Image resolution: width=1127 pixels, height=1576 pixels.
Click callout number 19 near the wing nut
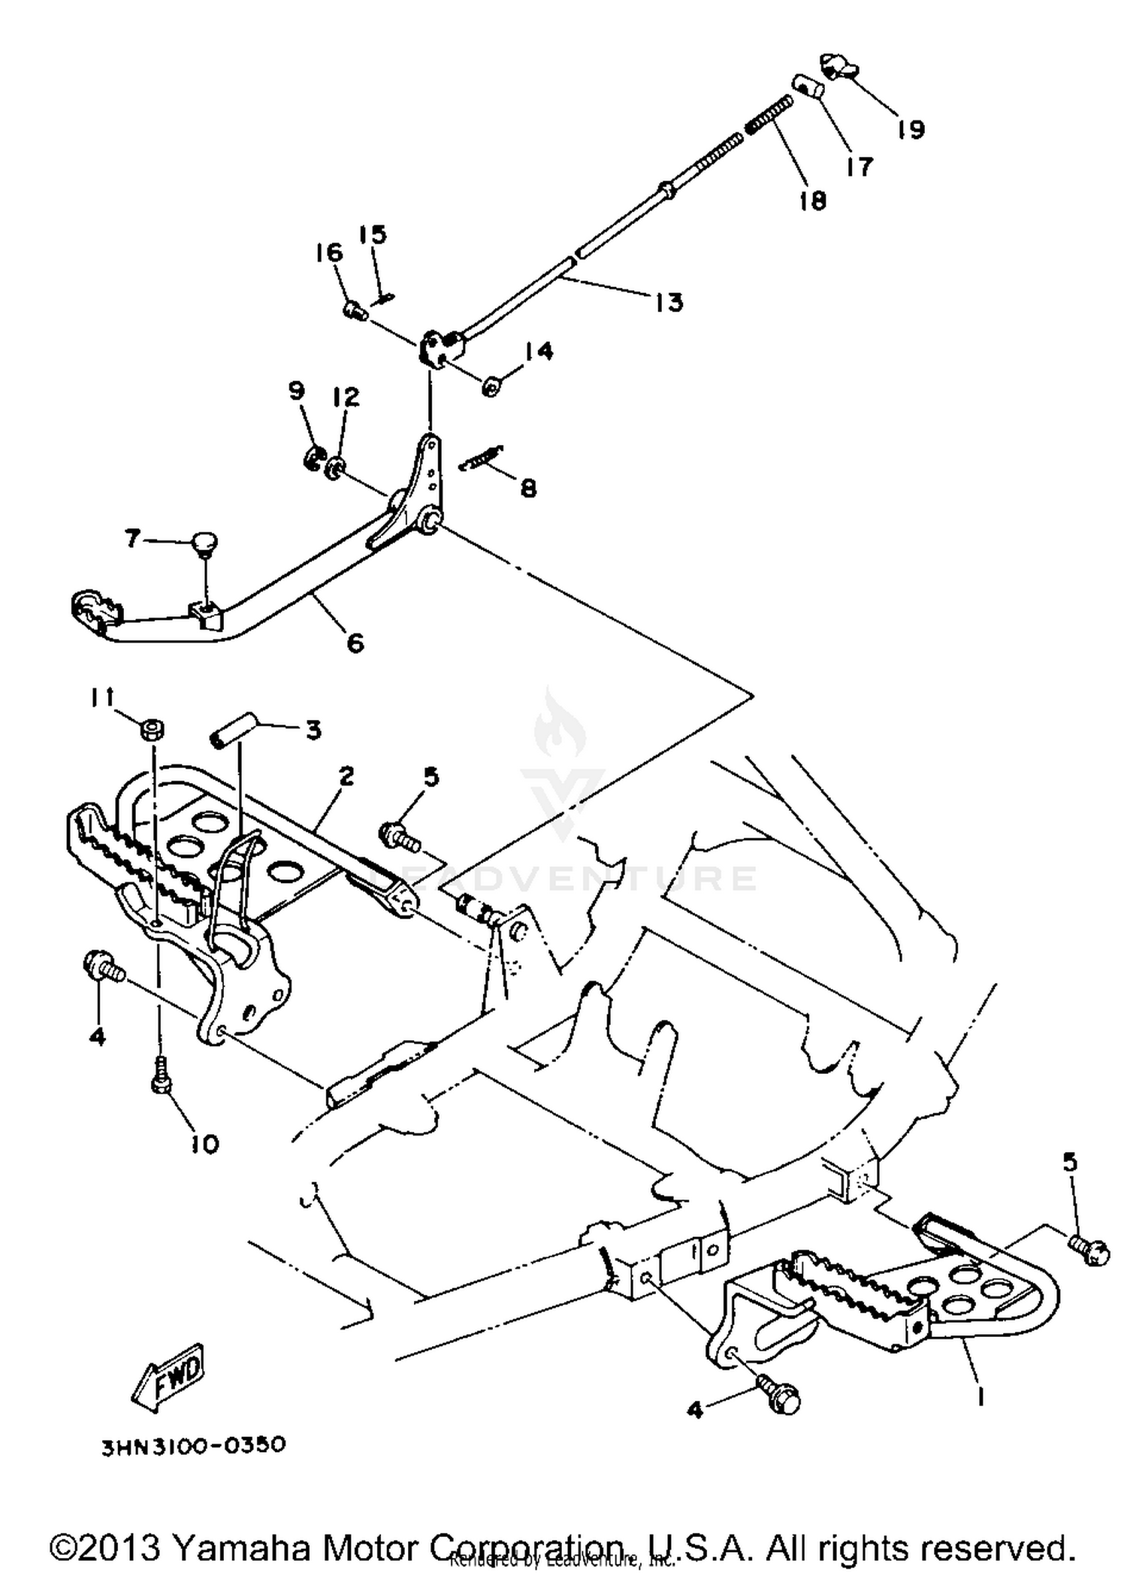pyautogui.click(x=911, y=129)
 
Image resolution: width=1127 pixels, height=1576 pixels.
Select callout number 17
pyautogui.click(x=859, y=166)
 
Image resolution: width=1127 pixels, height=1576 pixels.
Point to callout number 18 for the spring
pyautogui.click(x=813, y=200)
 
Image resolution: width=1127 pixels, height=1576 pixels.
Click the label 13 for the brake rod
pyautogui.click(x=669, y=302)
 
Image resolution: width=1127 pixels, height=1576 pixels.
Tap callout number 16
pyautogui.click(x=329, y=253)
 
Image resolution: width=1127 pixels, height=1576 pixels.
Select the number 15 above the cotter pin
pyautogui.click(x=373, y=234)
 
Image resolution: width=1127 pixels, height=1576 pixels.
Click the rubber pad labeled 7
pyautogui.click(x=204, y=542)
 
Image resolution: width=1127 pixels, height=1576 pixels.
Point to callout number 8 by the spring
pyautogui.click(x=528, y=489)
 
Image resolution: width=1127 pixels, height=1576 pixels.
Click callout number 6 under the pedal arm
pyautogui.click(x=355, y=643)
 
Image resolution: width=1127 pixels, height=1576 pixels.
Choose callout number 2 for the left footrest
pyautogui.click(x=346, y=776)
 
